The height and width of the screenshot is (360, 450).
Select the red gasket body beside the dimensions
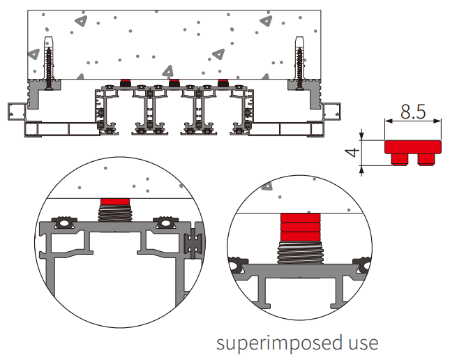(x=414, y=147)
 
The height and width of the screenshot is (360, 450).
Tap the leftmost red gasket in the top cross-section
(x=126, y=83)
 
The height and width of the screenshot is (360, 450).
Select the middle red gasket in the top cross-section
(x=174, y=83)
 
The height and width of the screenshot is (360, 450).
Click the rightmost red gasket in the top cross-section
(x=223, y=83)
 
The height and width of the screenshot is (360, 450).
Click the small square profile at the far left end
(x=15, y=112)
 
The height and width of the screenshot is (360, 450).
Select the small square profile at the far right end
(x=333, y=112)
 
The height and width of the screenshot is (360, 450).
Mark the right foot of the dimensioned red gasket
(x=426, y=160)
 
